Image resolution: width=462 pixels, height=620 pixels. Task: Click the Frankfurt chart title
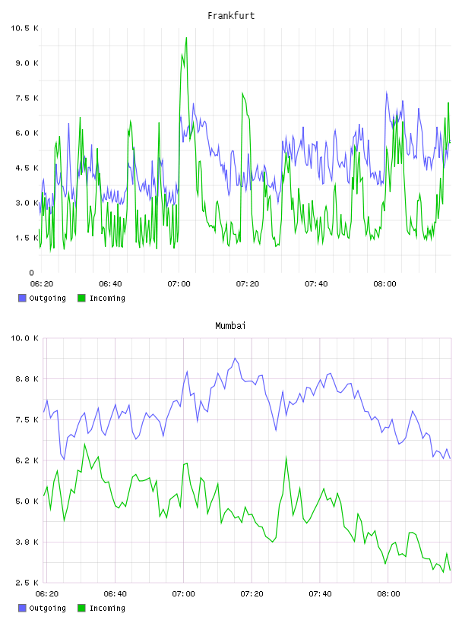[x=231, y=16]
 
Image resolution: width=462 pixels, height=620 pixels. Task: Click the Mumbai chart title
[x=230, y=326]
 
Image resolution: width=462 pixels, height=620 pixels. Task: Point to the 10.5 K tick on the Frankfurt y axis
[x=24, y=28]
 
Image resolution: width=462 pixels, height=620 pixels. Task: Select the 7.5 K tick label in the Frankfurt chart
[x=27, y=98]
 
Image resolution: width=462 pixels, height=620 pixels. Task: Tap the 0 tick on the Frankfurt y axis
[x=32, y=273]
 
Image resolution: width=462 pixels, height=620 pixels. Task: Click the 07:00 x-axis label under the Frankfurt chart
[x=179, y=284]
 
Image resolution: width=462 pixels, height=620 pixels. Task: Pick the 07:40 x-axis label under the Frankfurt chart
[x=316, y=284]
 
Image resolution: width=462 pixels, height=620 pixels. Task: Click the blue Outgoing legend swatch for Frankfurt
[x=22, y=298]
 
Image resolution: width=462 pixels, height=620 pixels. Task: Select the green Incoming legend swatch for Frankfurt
[x=81, y=298]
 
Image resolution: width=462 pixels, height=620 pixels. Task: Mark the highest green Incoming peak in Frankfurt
[x=186, y=38]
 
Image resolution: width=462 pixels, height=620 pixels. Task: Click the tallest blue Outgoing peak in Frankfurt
[x=387, y=92]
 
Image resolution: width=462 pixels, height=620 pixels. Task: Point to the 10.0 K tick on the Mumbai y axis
[x=24, y=338]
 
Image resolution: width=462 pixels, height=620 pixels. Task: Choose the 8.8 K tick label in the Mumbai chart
[x=27, y=379]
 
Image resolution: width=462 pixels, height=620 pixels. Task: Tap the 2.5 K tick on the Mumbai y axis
[x=27, y=583]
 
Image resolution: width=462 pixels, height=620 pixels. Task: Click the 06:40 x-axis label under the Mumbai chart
[x=115, y=594]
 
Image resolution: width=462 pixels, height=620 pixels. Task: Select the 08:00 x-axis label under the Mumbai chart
[x=388, y=594]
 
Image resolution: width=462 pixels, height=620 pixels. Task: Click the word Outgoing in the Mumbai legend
[x=47, y=608]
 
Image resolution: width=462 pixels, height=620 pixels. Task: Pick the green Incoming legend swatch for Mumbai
[x=81, y=608]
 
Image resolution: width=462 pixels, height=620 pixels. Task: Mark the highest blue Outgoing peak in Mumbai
[x=235, y=358]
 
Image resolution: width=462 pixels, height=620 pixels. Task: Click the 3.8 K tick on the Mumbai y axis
[x=27, y=542]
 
